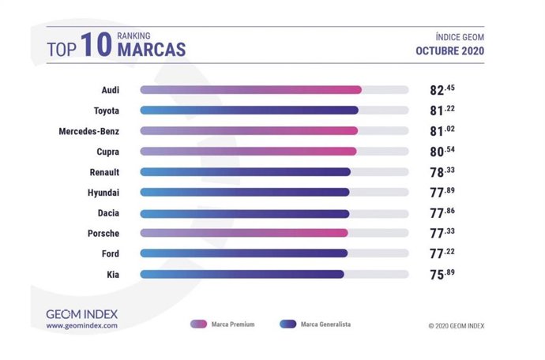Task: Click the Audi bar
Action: (250, 90)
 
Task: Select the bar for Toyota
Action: (249, 111)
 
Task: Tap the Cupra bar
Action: (248, 151)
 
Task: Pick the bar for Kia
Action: (242, 274)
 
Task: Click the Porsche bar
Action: (244, 233)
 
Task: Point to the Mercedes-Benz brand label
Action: (89, 130)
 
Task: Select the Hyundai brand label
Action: (103, 192)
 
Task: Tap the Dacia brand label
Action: (107, 212)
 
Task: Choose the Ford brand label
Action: (110, 253)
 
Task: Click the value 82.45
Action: (436, 90)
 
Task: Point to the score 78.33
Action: (436, 171)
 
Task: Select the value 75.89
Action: (436, 274)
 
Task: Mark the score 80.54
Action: (436, 151)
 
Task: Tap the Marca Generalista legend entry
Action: (316, 324)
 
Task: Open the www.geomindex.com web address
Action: (81, 325)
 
